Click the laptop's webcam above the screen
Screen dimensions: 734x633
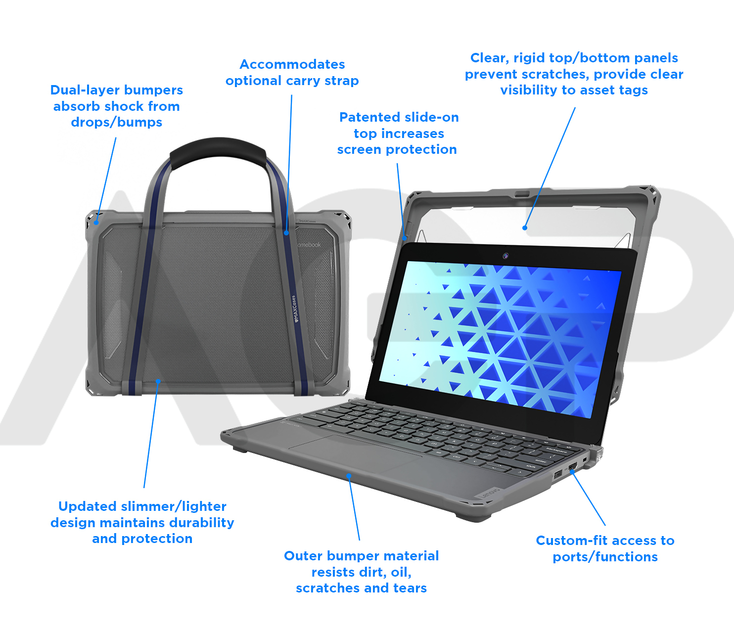coord(505,256)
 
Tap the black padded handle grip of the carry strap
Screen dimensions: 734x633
coord(218,153)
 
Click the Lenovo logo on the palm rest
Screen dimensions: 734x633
coord(490,493)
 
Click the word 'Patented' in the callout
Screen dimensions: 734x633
coord(370,117)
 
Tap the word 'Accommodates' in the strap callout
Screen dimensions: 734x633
coord(292,64)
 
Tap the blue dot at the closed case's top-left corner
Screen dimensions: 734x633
coord(96,223)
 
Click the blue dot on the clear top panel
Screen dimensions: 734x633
coord(525,228)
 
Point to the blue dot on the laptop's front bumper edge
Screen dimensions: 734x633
coord(349,476)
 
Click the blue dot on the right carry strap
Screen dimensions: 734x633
coord(286,233)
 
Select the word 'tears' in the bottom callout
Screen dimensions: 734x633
coord(410,588)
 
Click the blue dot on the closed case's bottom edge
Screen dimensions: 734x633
coord(158,381)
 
